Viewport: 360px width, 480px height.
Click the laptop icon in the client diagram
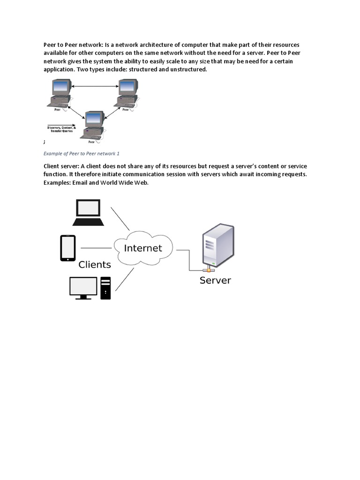point(89,212)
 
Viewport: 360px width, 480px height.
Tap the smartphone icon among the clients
point(67,248)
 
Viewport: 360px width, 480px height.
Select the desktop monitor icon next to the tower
point(83,287)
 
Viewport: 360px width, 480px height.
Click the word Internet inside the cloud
point(142,248)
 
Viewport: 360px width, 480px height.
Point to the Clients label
point(95,265)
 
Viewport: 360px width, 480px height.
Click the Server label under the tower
point(215,281)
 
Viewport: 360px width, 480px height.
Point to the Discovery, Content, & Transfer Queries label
point(60,129)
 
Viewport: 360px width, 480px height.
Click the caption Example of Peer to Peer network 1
point(82,153)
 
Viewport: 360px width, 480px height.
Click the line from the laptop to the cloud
point(120,219)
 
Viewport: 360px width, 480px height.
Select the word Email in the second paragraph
point(81,182)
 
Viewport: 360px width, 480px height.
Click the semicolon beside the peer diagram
point(45,142)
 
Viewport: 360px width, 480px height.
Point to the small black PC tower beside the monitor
point(105,288)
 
